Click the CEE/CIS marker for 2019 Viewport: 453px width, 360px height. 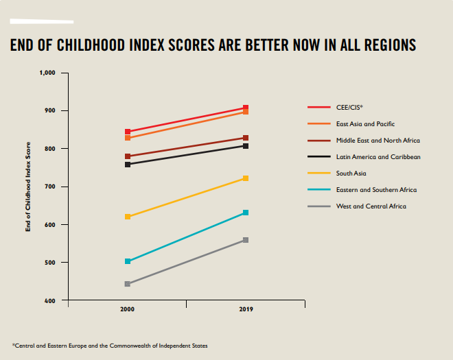point(246,108)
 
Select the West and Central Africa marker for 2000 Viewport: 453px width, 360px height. point(128,284)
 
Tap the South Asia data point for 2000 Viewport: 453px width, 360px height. point(128,217)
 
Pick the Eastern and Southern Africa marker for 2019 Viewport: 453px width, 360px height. point(246,213)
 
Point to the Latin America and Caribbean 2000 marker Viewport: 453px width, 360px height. point(128,165)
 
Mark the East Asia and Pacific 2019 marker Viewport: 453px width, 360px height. point(246,112)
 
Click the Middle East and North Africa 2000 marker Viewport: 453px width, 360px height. point(128,156)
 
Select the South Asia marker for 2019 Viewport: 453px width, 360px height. point(246,178)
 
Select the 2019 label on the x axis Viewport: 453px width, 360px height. point(246,310)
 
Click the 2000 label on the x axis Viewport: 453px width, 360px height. point(128,310)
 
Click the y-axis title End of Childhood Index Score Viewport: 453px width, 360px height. point(29,187)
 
